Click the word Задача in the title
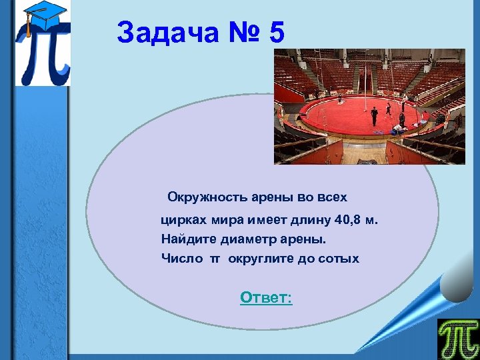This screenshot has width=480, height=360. [167, 33]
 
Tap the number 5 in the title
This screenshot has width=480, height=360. [277, 33]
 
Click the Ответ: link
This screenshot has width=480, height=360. [266, 297]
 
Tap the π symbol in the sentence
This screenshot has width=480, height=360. [215, 259]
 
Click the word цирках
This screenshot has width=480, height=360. [184, 219]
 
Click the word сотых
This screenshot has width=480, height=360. [340, 259]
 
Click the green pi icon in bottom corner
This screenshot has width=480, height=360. [457, 339]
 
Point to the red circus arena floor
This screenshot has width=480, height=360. [360, 113]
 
